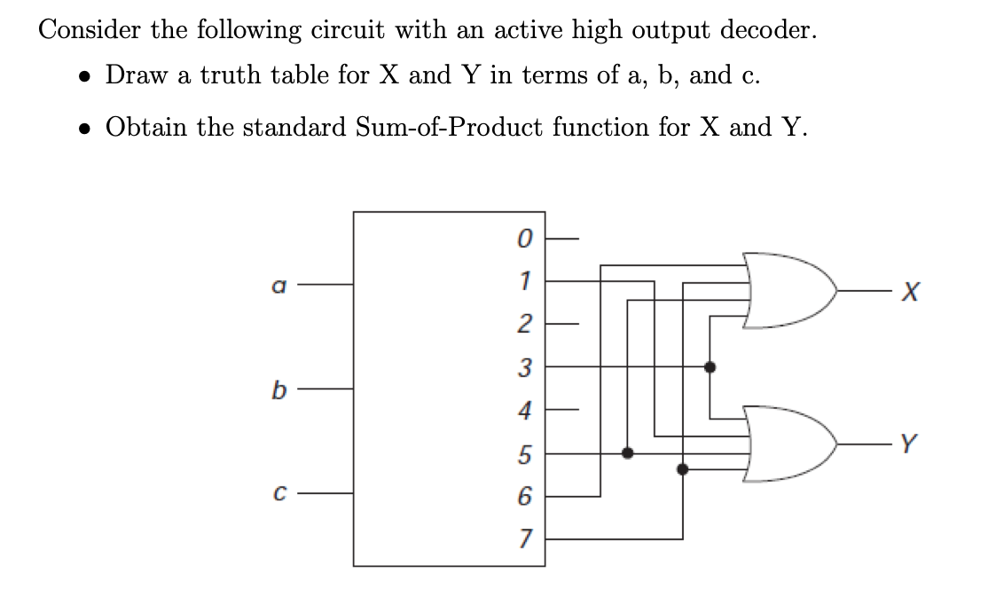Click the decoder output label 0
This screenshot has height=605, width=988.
(x=525, y=239)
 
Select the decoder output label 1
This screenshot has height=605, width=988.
(x=525, y=280)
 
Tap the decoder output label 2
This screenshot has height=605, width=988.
(x=524, y=323)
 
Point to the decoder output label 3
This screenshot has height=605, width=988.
(x=524, y=366)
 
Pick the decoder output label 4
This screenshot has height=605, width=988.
(x=524, y=410)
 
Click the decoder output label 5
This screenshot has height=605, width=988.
(x=524, y=454)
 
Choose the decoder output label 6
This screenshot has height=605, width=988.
(x=524, y=496)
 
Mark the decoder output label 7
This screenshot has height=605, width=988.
(x=525, y=538)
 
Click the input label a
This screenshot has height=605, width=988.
(x=278, y=287)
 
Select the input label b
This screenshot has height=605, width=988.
(x=278, y=389)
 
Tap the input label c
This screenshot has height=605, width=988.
(x=279, y=493)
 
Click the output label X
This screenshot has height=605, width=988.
(x=910, y=292)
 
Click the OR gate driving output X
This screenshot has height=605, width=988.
(x=790, y=291)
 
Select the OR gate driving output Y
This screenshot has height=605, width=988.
(x=790, y=444)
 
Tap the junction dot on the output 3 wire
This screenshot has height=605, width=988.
(x=710, y=366)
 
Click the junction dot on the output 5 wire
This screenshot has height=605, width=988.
(x=628, y=452)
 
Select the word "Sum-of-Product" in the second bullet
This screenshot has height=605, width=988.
(x=450, y=128)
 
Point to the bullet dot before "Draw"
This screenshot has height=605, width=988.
(x=84, y=77)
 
